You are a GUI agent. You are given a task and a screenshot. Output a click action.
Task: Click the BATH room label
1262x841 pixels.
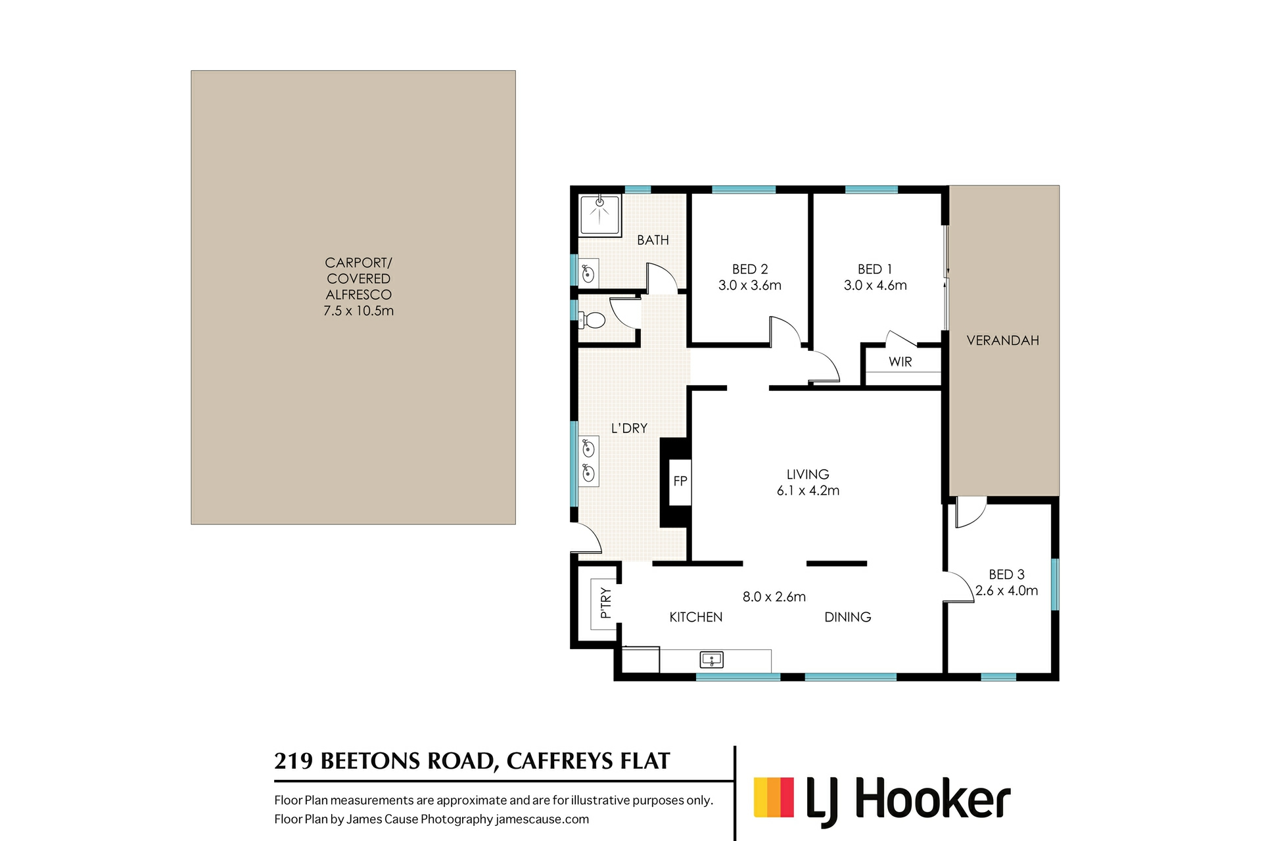pos(653,240)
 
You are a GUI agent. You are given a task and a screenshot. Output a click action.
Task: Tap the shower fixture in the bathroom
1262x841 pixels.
pos(599,214)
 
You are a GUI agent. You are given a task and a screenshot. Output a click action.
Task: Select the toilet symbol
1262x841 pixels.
pos(594,321)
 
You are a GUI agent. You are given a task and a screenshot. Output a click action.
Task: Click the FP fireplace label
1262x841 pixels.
pos(680,481)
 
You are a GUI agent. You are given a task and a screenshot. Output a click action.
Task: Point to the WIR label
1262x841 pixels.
pos(900,361)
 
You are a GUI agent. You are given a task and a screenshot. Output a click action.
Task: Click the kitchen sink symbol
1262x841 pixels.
pos(711,659)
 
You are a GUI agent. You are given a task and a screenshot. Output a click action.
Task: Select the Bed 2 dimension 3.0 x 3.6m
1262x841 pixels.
pos(749,285)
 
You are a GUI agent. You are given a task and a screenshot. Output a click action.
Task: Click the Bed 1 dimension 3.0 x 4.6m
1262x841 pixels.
pos(875,285)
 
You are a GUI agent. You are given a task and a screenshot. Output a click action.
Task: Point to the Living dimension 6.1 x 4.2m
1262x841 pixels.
pos(808,490)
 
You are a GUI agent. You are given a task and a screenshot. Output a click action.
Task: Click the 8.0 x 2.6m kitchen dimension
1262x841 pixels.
pos(774,597)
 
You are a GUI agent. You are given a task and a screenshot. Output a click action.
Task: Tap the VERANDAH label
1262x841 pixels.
pos(1002,340)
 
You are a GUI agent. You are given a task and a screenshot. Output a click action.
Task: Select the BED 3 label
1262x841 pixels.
pos(1006,574)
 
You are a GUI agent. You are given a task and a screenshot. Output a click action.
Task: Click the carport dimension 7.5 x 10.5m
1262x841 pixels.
pos(358,311)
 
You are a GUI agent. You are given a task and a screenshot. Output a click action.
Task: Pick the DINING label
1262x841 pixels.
pos(847,617)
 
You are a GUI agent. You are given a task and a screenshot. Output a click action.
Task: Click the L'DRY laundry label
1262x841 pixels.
pos(629,428)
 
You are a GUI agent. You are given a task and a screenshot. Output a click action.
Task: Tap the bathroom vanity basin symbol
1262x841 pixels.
pos(588,273)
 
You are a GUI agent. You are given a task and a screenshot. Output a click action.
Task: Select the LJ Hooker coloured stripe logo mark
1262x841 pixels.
pos(774,798)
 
